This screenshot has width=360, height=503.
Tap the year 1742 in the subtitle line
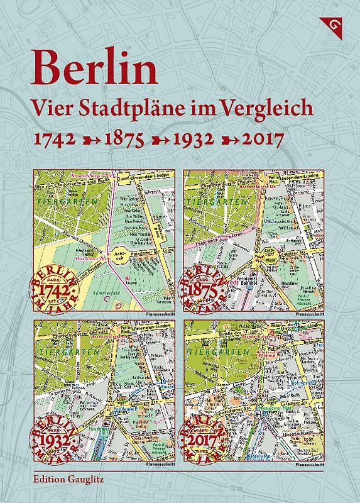coord(54,138)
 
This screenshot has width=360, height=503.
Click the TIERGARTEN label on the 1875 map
coord(214,202)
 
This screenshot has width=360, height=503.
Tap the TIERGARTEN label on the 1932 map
coord(63,353)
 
